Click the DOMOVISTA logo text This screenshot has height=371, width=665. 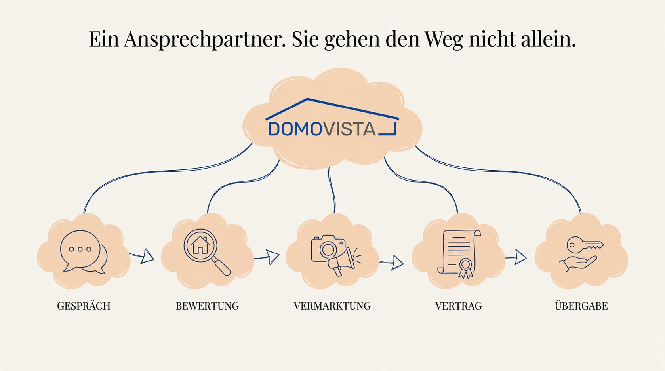point(322,129)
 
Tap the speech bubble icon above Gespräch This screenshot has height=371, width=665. point(84,252)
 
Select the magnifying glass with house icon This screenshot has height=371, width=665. point(207,252)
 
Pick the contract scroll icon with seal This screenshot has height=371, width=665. point(459,254)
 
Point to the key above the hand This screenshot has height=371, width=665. point(585,245)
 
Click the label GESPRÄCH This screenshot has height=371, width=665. point(84,306)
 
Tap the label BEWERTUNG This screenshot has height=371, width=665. point(207,306)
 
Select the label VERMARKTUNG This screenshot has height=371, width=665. point(332,306)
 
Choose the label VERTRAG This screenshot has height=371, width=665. point(458,306)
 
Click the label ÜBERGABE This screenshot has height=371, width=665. point(581,305)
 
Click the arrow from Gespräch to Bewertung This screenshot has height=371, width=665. point(142,256)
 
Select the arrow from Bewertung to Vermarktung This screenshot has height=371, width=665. point(267,257)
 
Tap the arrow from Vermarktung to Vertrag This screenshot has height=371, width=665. point(391,263)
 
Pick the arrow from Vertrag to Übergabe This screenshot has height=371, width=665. point(516,257)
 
